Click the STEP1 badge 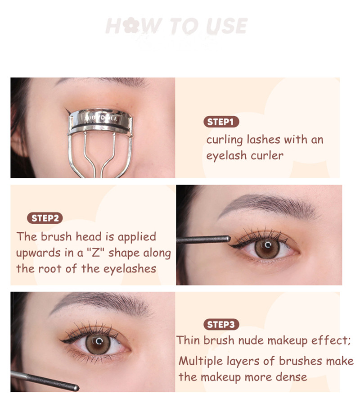coord(221,122)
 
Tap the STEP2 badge coord(45,218)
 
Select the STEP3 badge coord(221,324)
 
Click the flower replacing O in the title coord(131,26)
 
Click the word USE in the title coord(227,26)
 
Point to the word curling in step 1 coord(225,140)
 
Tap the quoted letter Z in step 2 coord(96,253)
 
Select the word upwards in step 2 coord(38,253)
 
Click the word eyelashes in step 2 coord(130,269)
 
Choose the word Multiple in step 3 coord(201,361)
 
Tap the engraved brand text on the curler coord(101,118)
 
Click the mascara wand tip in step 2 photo coord(228,238)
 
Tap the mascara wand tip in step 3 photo coord(76,388)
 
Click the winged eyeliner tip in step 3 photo coord(61,340)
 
